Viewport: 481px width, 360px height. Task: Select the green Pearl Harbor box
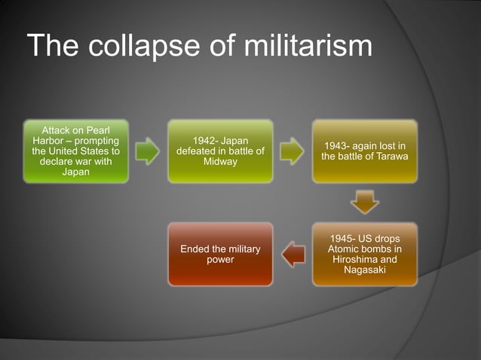point(75,151)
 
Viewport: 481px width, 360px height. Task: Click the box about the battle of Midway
point(220,151)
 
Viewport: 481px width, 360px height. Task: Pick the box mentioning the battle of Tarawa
point(365,151)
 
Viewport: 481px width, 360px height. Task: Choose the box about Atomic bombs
point(365,254)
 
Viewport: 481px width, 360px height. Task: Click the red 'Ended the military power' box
point(220,254)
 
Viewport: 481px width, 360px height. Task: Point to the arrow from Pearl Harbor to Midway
point(148,151)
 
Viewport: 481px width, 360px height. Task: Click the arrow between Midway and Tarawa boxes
point(292,151)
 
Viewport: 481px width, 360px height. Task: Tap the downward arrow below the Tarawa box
point(365,202)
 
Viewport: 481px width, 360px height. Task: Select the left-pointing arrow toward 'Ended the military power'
point(293,254)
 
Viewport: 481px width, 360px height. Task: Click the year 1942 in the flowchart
point(206,141)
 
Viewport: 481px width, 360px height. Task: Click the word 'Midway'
point(220,162)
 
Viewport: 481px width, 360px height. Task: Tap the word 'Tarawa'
point(390,157)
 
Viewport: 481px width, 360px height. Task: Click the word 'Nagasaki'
point(365,270)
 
